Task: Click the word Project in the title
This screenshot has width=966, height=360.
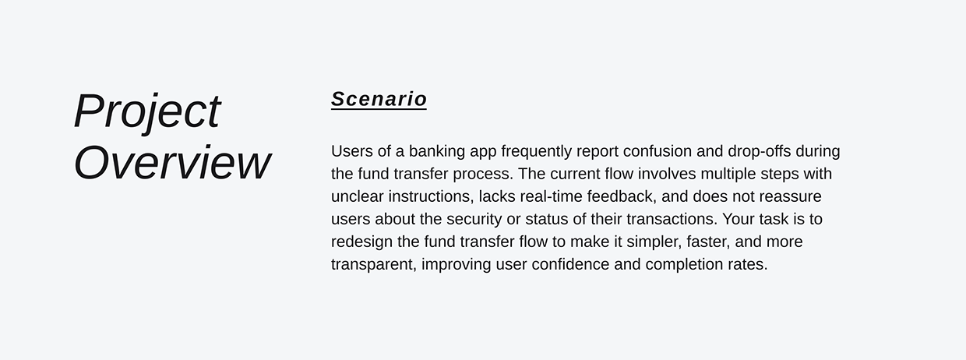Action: [147, 111]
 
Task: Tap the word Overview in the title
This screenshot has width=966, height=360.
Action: [172, 163]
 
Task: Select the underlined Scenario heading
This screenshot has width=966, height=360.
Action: [379, 99]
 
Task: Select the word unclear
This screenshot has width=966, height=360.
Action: [357, 196]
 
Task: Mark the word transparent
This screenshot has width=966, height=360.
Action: [372, 264]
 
